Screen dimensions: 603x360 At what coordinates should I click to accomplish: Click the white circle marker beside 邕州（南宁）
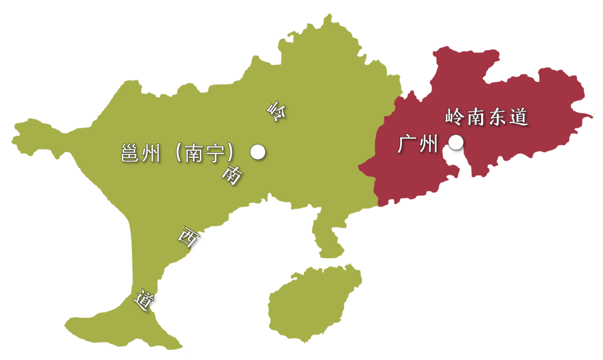point(258,152)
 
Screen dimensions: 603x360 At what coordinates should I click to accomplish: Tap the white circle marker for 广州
point(456,143)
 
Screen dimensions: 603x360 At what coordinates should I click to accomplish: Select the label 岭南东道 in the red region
point(485,117)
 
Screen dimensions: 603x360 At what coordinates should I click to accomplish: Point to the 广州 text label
point(418,145)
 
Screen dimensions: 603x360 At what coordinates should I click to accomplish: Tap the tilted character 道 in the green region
point(144,300)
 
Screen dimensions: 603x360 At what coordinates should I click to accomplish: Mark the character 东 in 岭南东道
point(496,117)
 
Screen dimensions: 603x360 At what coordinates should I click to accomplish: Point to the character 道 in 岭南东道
point(518,117)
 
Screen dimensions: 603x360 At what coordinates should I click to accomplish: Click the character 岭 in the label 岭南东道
point(454,117)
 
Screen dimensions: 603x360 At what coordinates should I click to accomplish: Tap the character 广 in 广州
point(408,145)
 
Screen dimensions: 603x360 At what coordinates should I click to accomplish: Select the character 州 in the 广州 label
point(428,145)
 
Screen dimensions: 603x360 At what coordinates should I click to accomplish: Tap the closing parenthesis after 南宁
point(236,153)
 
